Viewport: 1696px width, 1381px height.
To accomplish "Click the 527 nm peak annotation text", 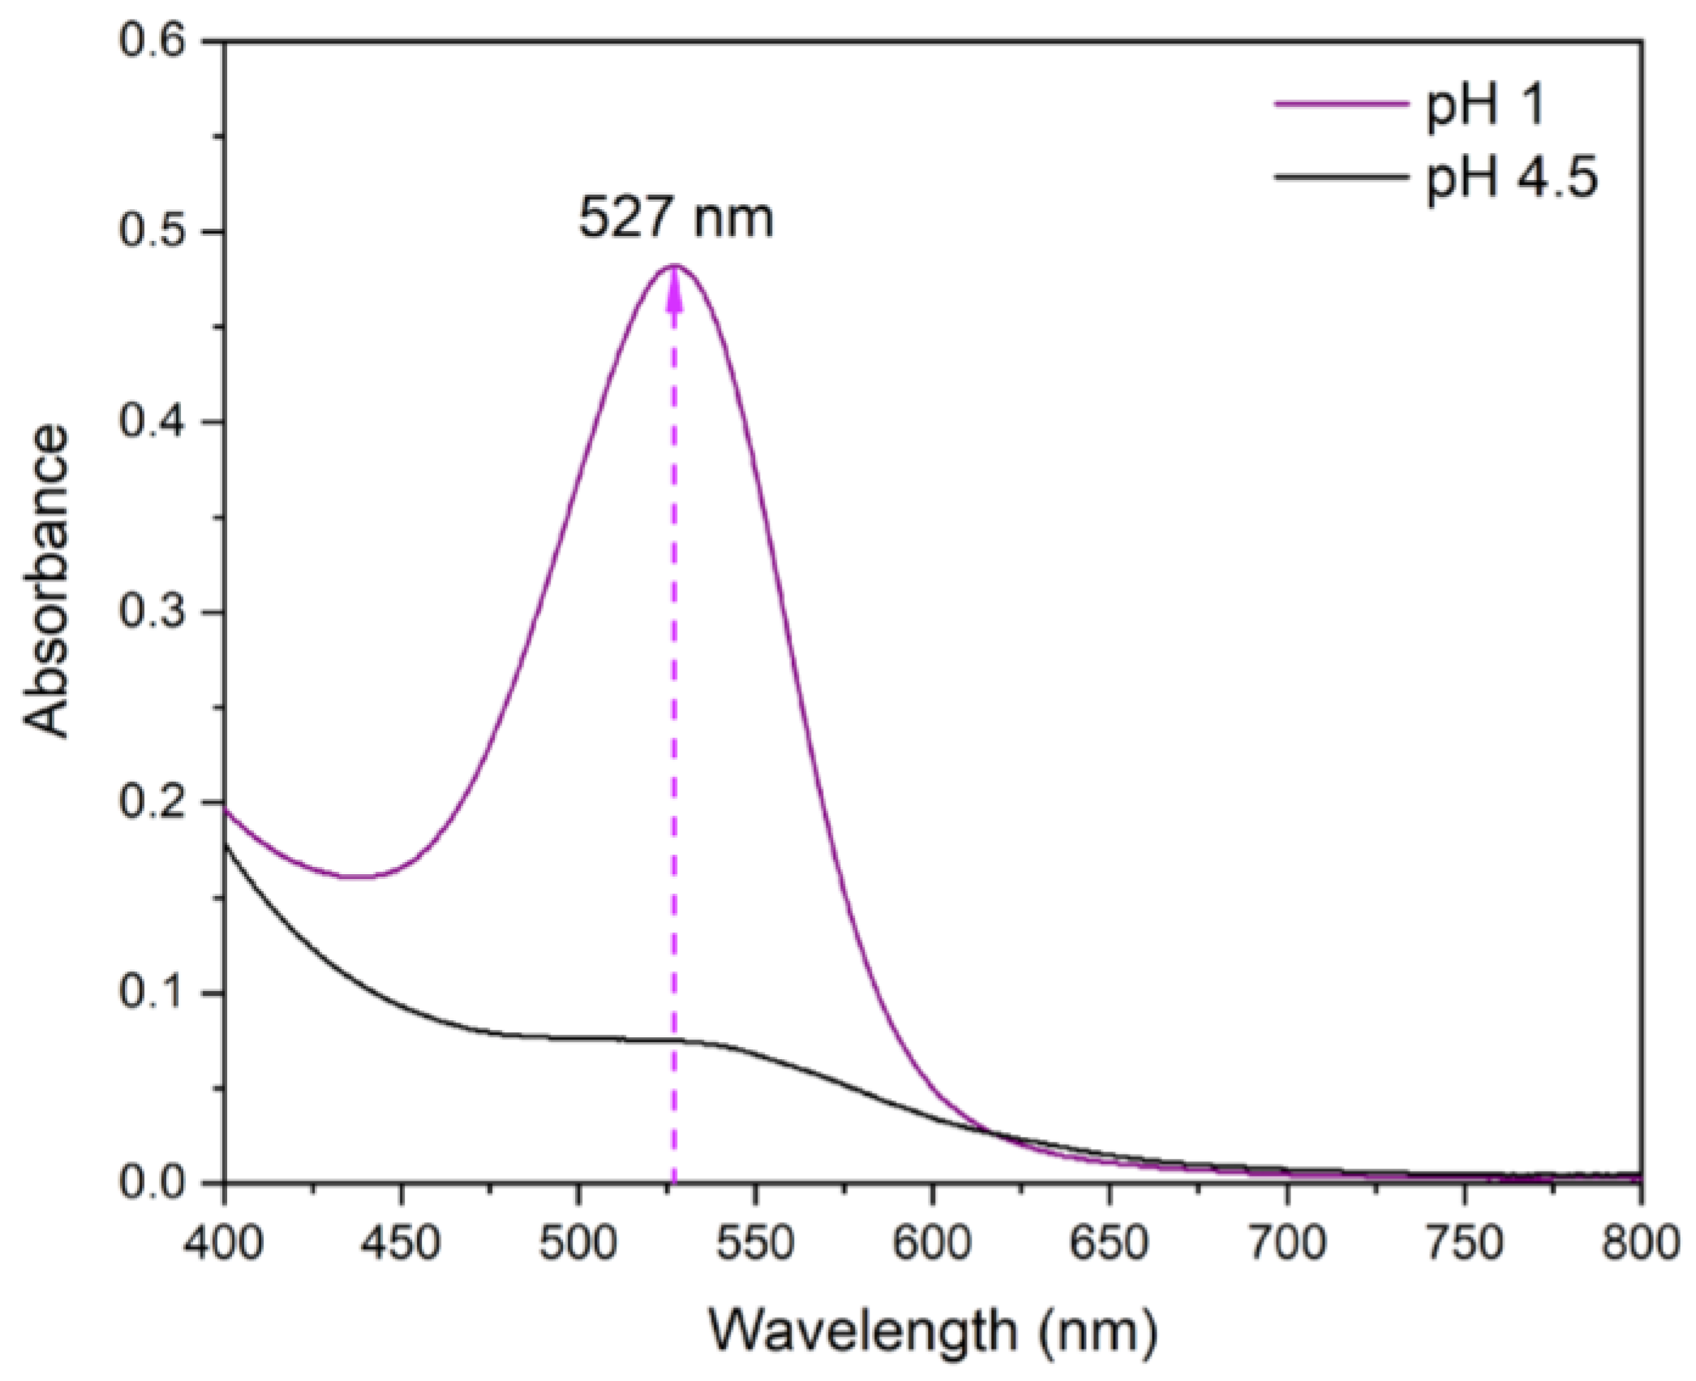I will (x=676, y=218).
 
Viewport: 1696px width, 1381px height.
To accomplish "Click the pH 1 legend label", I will (x=1485, y=105).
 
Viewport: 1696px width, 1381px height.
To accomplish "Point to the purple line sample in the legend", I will (x=1340, y=104).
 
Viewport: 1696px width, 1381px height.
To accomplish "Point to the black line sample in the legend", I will (x=1340, y=177).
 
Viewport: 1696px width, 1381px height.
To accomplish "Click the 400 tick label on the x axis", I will (x=224, y=1242).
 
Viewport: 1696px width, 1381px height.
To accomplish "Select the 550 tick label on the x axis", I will (x=755, y=1242).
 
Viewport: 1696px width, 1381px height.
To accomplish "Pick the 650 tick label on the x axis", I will (x=1110, y=1242).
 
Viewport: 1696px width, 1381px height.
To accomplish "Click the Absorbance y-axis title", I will (x=46, y=581).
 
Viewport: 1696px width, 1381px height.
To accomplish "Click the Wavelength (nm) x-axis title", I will (x=933, y=1331).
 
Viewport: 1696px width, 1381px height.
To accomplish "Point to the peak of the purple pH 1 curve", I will (x=674, y=266).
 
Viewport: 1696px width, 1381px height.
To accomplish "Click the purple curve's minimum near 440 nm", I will (x=357, y=877).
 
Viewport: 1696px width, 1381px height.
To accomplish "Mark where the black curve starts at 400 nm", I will (x=225, y=845).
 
